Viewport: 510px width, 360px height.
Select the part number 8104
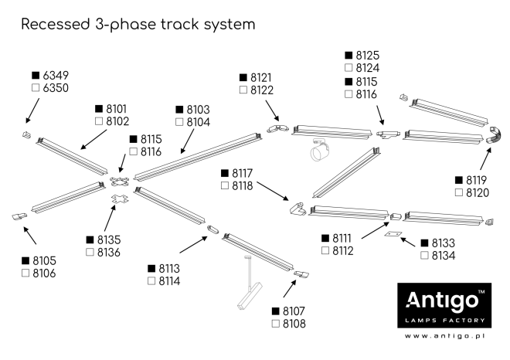coord(199,122)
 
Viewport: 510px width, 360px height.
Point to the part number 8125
coord(367,56)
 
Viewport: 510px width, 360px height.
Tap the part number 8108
coord(294,324)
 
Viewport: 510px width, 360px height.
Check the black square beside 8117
coord(225,173)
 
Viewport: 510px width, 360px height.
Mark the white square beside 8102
coord(98,122)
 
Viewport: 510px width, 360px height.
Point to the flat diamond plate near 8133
coord(393,234)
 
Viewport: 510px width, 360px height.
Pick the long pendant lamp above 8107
coord(250,290)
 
